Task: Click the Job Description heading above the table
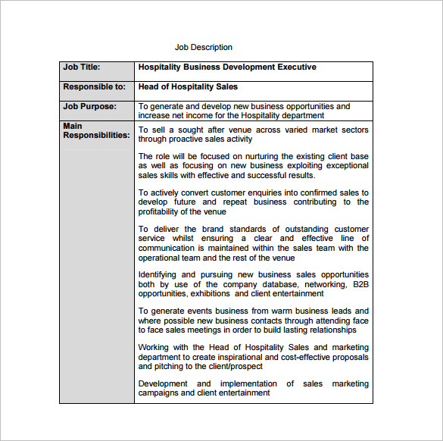click(204, 48)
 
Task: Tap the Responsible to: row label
click(94, 87)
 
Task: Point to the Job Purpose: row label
click(89, 107)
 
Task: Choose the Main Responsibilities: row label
click(95, 130)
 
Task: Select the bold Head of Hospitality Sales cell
click(188, 87)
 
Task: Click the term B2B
click(360, 284)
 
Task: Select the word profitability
click(161, 212)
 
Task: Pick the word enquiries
click(259, 193)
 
